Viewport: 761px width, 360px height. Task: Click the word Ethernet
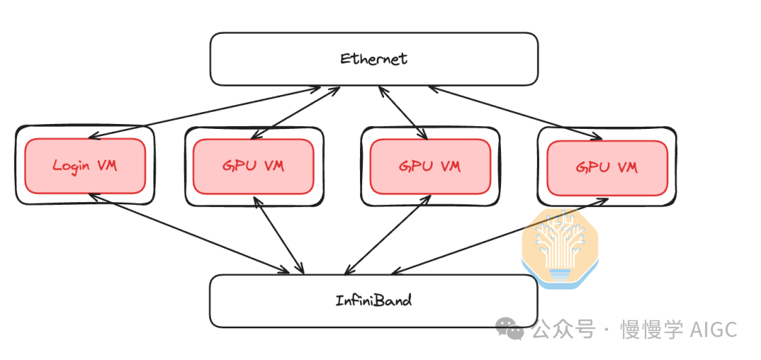click(x=373, y=58)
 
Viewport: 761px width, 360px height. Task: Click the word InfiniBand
click(x=373, y=300)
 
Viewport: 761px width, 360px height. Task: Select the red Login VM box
click(x=85, y=166)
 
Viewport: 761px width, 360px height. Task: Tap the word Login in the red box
click(x=72, y=166)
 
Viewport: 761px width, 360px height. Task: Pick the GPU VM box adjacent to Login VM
click(x=254, y=166)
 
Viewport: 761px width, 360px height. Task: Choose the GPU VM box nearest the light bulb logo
click(x=607, y=167)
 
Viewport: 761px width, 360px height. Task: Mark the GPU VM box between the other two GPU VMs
click(x=430, y=166)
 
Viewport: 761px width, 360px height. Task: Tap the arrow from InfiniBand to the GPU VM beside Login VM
click(x=280, y=235)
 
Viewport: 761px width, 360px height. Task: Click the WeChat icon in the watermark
click(x=509, y=328)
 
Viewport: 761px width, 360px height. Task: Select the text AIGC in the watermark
click(x=713, y=329)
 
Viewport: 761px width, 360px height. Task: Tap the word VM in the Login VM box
click(x=106, y=166)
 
